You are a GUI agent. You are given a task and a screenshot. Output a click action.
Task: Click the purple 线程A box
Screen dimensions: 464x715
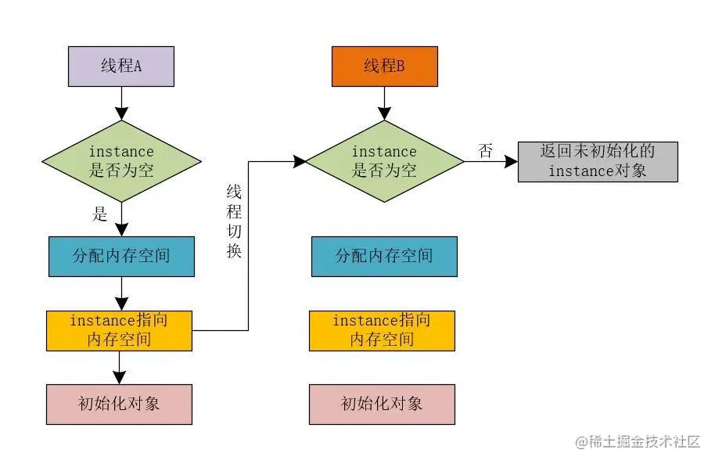click(120, 66)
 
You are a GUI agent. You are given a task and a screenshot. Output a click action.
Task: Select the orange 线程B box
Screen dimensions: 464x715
click(384, 66)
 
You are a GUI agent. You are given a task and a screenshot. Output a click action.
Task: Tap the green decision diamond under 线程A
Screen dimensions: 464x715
click(120, 160)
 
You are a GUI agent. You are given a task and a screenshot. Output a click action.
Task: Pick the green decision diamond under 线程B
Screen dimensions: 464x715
click(384, 160)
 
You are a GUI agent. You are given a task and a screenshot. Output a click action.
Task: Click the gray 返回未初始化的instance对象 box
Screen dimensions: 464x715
click(598, 161)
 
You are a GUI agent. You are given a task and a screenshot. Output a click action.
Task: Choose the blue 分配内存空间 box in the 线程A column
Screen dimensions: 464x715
click(120, 256)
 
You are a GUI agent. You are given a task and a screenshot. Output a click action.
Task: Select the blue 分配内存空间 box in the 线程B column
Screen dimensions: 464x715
click(384, 256)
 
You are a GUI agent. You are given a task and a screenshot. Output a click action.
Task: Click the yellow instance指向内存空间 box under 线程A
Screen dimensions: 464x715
click(119, 330)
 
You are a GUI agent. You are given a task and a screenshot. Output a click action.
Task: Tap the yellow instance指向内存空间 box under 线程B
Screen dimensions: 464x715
click(382, 330)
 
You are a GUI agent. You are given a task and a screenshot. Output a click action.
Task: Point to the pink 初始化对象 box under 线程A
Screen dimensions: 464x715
click(119, 404)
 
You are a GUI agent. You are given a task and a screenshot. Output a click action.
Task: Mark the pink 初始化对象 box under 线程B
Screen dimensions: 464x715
click(382, 404)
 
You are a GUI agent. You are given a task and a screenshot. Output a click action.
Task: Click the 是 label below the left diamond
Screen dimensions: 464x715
click(99, 214)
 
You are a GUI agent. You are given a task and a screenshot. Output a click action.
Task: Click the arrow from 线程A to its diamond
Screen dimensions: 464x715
click(120, 103)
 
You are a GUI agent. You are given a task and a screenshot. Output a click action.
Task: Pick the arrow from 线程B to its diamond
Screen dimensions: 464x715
click(384, 103)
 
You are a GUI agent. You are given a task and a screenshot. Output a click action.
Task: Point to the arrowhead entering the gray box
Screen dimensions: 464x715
click(511, 161)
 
